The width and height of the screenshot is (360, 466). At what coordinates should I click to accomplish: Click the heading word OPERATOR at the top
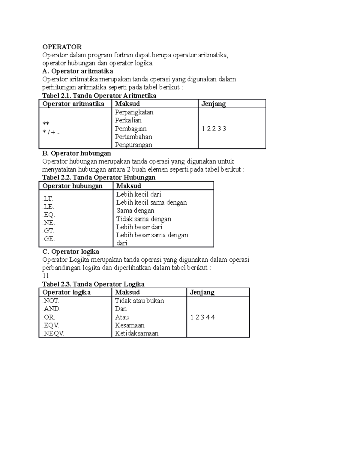coord(62,47)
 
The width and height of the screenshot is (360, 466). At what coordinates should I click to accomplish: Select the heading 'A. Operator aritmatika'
coord(78,71)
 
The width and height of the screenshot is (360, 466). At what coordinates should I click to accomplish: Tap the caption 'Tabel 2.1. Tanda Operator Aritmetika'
coord(99,96)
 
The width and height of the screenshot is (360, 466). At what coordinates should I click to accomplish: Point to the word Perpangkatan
coord(134,112)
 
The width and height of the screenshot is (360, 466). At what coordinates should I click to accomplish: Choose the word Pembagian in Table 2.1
coord(131,129)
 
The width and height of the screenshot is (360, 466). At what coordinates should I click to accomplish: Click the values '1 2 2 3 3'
coord(214,129)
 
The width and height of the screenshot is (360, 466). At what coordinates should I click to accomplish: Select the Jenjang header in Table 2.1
coord(214,104)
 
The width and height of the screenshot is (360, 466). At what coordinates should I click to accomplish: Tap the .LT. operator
coord(48,199)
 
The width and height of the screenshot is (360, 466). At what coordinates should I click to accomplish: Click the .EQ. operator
coord(49,215)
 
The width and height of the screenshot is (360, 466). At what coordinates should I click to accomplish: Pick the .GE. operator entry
coord(49,239)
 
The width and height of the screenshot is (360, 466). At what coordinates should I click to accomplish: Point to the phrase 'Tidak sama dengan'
coord(144,219)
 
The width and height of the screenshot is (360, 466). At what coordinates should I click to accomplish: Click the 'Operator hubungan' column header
coord(72,186)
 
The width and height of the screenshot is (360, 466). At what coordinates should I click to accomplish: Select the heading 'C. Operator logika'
coord(71,251)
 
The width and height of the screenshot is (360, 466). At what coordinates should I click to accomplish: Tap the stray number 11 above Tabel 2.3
coord(46,276)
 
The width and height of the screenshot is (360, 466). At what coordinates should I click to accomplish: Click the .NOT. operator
coord(51,301)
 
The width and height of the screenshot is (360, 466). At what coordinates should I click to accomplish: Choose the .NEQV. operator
coord(53,333)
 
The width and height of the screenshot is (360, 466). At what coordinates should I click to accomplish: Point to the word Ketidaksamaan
coord(137,333)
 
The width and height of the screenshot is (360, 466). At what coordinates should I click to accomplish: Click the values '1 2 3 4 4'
coord(202,317)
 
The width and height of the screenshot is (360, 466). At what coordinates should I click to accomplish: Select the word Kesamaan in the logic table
coord(130,325)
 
